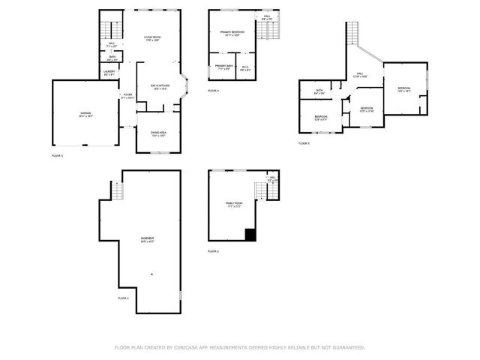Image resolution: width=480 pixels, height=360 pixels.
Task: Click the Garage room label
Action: click(86, 115)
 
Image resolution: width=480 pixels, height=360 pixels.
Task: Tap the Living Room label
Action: click(153, 39)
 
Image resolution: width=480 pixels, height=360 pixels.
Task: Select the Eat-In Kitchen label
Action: click(158, 87)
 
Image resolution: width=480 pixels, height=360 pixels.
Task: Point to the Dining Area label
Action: click(158, 134)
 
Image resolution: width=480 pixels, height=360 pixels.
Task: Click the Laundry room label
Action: click(109, 73)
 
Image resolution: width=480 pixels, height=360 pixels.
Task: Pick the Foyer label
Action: click(127, 96)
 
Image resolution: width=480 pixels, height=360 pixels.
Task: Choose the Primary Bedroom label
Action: click(232, 33)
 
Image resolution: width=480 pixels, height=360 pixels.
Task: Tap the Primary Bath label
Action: click(223, 67)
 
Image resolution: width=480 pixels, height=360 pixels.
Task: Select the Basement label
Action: click(146, 240)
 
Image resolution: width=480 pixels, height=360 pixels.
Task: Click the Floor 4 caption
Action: click(213, 90)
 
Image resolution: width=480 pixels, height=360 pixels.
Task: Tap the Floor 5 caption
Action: click(304, 142)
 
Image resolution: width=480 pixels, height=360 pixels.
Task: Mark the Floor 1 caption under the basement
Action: click(123, 298)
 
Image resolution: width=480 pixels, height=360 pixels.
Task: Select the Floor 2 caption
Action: click(213, 250)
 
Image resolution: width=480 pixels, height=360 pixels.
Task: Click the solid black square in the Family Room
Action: click(250, 235)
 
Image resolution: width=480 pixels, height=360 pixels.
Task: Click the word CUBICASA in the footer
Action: click(186, 347)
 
